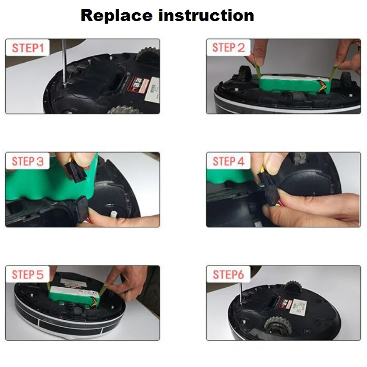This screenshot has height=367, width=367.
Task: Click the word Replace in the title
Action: pyautogui.click(x=116, y=16)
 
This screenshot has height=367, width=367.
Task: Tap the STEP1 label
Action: pyautogui.click(x=28, y=48)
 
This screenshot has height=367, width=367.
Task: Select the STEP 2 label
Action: pyautogui.click(x=229, y=48)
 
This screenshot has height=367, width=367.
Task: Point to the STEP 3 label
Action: pyautogui.click(x=28, y=161)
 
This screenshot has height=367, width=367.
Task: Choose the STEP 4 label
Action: pyautogui.click(x=229, y=161)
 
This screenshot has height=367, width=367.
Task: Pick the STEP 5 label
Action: pyautogui.click(x=28, y=275)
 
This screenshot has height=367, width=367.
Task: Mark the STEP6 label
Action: pyautogui.click(x=229, y=275)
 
